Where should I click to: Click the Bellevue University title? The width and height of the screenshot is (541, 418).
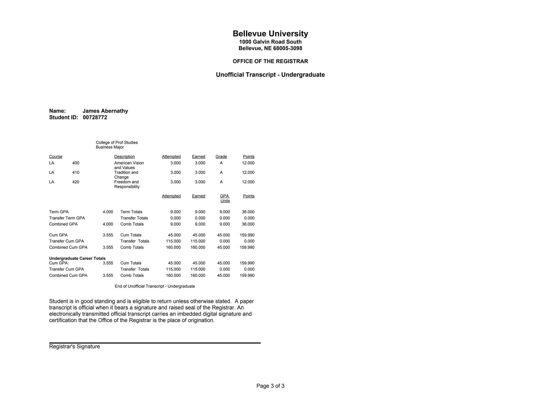270,34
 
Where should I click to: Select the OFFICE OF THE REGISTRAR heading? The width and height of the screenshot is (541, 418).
270,61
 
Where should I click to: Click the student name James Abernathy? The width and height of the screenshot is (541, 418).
105,111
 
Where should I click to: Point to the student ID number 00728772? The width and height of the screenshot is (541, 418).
95,118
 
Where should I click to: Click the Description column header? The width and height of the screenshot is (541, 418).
124,157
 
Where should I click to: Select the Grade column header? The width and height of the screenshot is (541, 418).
221,157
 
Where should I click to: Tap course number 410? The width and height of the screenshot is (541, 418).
76,173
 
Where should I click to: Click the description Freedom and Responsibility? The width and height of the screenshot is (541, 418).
127,184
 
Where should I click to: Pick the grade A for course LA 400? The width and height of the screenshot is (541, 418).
221,163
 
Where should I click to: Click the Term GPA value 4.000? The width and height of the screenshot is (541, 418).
108,212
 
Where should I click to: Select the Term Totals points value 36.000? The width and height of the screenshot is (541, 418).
248,212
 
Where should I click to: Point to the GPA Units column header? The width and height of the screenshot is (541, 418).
225,198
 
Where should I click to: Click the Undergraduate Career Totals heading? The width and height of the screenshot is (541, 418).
77,258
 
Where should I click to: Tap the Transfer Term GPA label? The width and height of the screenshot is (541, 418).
67,218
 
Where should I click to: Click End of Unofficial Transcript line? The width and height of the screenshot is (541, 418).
155,286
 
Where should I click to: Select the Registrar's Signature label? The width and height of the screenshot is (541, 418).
74,347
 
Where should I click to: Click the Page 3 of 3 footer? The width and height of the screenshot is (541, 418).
270,386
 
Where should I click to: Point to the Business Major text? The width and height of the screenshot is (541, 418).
110,147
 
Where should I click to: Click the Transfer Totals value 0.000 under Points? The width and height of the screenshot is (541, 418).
249,218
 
